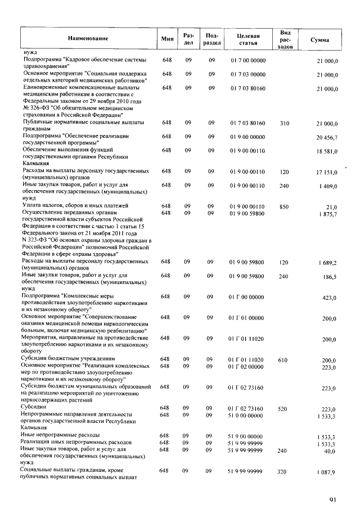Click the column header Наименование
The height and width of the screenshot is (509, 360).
pyautogui.click(x=88, y=38)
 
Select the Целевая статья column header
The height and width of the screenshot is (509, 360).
pyautogui.click(x=247, y=38)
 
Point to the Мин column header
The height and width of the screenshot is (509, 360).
pyautogui.click(x=167, y=38)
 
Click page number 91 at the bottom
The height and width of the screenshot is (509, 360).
pyautogui.click(x=333, y=498)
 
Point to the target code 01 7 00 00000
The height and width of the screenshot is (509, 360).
pyautogui.click(x=247, y=60)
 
